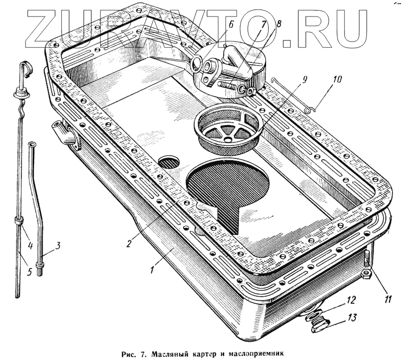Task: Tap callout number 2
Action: pyautogui.click(x=129, y=243)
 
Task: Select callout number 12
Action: pyautogui.click(x=351, y=301)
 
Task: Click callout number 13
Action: pyautogui.click(x=353, y=318)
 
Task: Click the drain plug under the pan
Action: pyautogui.click(x=319, y=323)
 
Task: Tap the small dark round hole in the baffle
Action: pyautogui.click(x=169, y=161)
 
